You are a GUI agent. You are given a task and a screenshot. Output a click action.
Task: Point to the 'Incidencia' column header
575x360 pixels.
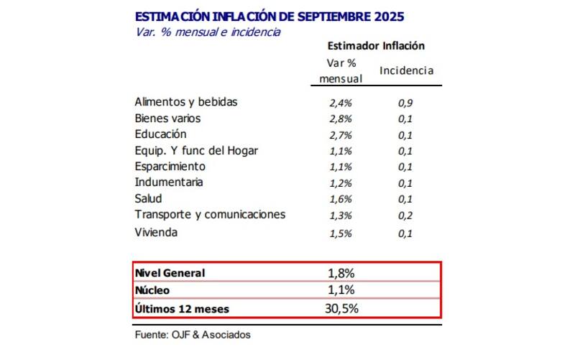[406, 70]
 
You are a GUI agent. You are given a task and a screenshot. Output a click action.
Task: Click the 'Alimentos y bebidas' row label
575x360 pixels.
[185, 102]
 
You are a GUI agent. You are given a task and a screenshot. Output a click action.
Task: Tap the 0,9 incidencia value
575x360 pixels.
[405, 103]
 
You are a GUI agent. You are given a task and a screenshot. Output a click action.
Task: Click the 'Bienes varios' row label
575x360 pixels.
[167, 118]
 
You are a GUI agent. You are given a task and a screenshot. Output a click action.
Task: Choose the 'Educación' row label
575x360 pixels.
[160, 134]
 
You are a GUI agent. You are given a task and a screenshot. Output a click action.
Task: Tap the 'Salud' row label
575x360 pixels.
[148, 198]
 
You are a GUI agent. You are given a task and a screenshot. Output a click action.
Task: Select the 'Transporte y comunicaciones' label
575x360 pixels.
[210, 214]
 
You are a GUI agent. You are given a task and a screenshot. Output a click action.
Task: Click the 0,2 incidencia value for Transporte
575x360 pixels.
[405, 216]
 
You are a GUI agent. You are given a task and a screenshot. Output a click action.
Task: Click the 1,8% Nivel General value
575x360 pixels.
[341, 273]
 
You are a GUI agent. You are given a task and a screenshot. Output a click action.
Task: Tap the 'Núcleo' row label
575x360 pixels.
[152, 290]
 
